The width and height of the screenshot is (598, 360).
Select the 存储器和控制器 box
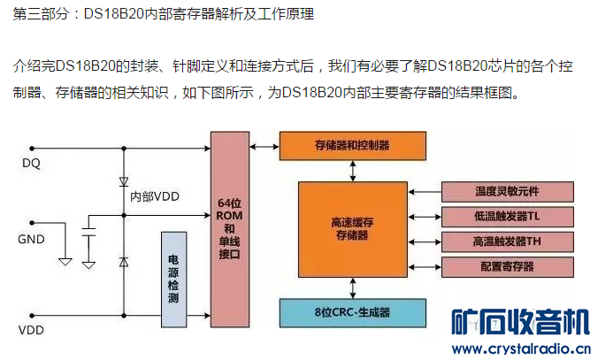(352, 144)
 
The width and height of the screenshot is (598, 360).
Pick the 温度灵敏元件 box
(501, 191)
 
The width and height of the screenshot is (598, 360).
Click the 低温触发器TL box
(501, 216)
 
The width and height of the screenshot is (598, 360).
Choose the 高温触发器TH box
(501, 241)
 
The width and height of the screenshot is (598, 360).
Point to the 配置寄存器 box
(501, 266)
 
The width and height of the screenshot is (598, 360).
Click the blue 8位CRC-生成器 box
(353, 312)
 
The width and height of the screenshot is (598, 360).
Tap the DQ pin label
(32, 164)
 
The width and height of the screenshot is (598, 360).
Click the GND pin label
(32, 240)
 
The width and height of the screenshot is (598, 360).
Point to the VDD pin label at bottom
(32, 332)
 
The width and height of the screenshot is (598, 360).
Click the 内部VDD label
(156, 196)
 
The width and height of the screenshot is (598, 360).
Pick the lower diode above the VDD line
(123, 263)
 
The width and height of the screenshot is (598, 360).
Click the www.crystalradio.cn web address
(522, 348)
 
